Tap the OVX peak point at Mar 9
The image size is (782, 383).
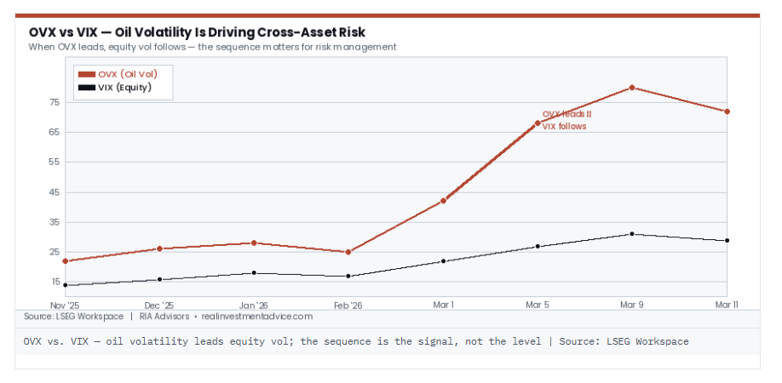click(631, 88)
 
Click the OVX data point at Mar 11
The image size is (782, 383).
click(727, 111)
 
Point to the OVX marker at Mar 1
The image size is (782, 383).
click(443, 201)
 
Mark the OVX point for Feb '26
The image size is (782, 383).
click(348, 252)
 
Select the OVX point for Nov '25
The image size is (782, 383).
click(66, 261)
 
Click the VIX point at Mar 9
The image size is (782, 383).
click(631, 234)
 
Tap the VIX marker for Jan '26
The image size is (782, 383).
click(254, 273)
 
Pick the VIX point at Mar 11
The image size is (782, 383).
click(727, 241)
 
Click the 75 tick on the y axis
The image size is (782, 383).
click(54, 102)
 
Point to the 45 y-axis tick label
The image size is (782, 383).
click(54, 192)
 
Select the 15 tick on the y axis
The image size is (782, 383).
click(54, 282)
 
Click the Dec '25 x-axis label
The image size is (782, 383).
click(159, 304)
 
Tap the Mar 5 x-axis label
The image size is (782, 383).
click(538, 304)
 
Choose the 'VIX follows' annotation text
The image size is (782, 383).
click(564, 126)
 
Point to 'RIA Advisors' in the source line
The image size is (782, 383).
click(164, 317)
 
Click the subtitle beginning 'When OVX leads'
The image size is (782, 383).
click(212, 48)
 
